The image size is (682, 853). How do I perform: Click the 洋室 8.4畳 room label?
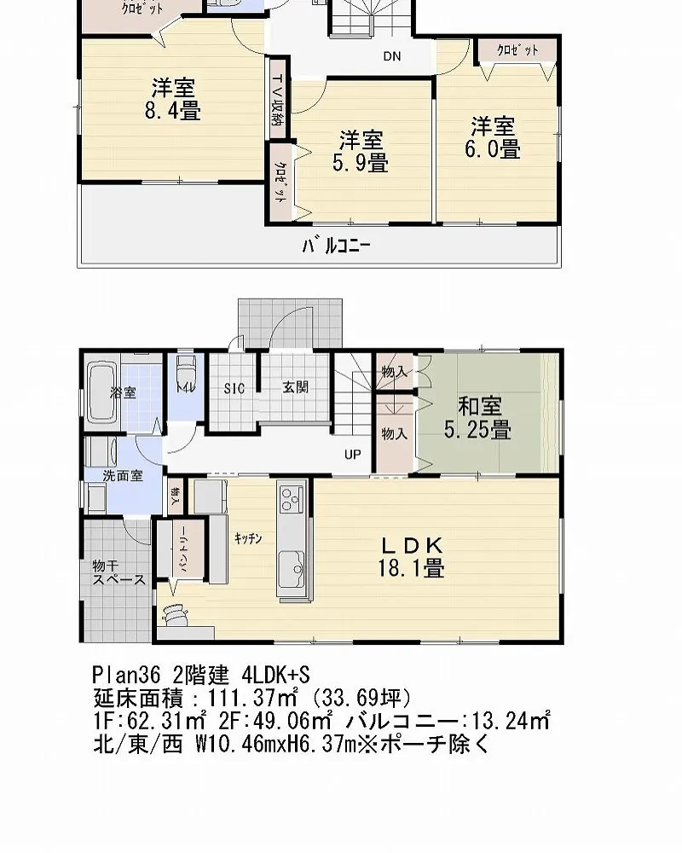click(176, 98)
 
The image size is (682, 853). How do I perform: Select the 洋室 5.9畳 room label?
click(360, 150)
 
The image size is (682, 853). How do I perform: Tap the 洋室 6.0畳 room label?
click(494, 137)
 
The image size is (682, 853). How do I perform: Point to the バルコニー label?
click(336, 247)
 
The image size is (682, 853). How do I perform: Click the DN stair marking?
click(391, 57)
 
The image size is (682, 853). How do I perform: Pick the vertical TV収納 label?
click(278, 102)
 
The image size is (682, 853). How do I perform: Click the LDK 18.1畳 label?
click(411, 556)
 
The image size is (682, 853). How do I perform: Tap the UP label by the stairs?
click(352, 454)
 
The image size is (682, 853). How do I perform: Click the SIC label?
click(234, 388)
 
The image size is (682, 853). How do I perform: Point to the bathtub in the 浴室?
click(101, 392)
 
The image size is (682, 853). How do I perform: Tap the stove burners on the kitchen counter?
click(291, 497)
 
